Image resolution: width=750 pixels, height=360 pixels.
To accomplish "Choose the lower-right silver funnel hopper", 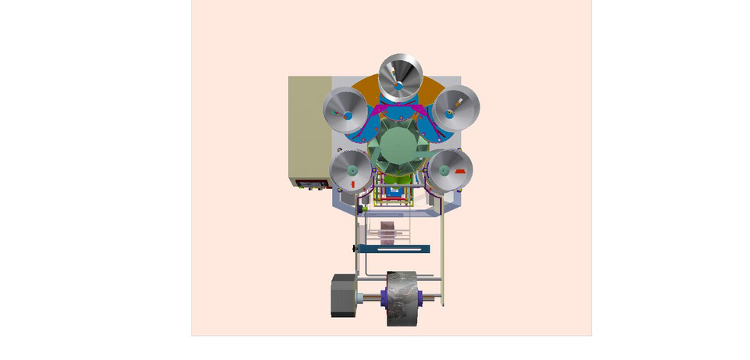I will point(451,171).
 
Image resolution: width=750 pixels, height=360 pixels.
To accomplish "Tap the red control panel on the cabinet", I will point(311,183).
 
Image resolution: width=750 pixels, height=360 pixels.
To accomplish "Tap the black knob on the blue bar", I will point(355,249).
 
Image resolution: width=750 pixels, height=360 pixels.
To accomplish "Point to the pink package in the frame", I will point(390,233).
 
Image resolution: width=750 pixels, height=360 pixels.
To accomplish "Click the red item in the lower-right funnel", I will point(459,170).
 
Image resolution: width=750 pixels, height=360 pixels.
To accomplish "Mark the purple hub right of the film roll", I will point(421,298).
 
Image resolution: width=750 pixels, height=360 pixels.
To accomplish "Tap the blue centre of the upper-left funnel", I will point(348,117).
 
